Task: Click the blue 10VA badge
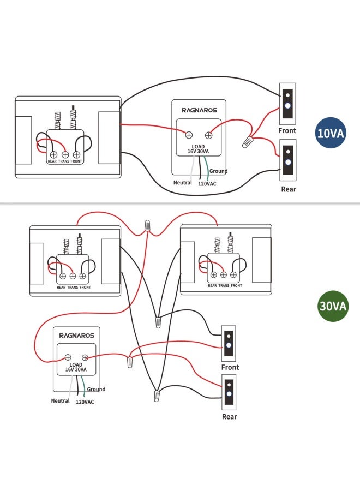coord(330,133)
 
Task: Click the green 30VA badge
coord(332,306)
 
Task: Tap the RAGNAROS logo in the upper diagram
coord(199,110)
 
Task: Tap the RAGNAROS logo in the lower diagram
coord(77,336)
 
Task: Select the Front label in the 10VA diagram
coord(287,130)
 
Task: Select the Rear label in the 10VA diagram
coord(289,189)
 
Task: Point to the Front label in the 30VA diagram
coord(230,367)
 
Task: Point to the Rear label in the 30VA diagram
coord(230,416)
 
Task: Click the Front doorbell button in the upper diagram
coord(287,104)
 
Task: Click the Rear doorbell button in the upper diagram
coord(287,160)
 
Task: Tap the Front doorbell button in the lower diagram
coord(229,344)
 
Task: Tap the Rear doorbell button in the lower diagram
coord(229,392)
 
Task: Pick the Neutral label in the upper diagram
coord(183,183)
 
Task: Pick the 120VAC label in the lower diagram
coord(85,402)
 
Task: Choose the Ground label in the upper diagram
coord(219,171)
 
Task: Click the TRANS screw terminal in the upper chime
coord(65,155)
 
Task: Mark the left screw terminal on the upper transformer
coord(189,135)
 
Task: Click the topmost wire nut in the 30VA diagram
coord(147,226)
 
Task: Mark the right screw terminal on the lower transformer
coord(85,357)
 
